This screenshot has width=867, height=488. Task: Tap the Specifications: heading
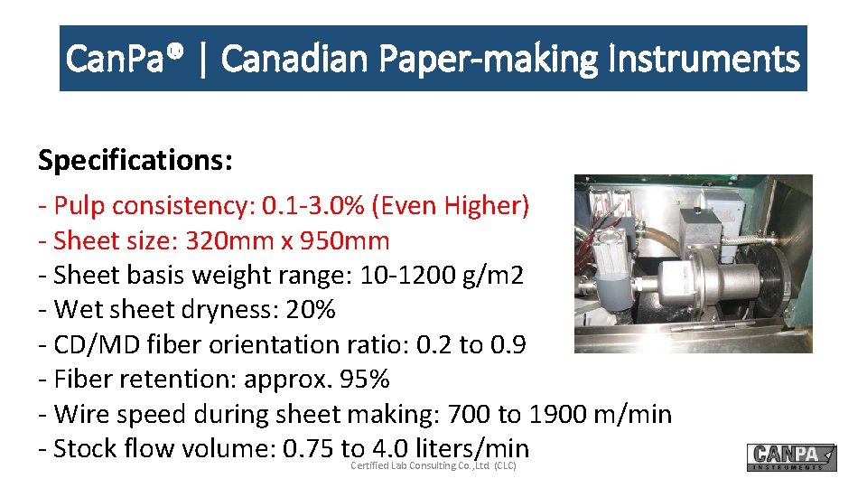click(135, 160)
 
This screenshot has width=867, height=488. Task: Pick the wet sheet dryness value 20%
click(310, 310)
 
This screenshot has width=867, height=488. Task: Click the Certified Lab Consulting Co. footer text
click(433, 465)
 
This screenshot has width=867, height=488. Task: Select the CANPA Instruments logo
click(791, 457)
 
